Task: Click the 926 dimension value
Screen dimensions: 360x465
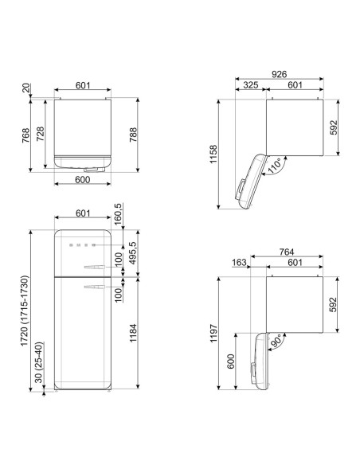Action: click(x=279, y=74)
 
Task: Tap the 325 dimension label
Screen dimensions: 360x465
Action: click(x=251, y=85)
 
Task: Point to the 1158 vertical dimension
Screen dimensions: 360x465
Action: click(x=213, y=154)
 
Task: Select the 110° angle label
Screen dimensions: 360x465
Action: click(x=274, y=166)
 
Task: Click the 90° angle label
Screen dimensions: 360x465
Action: click(x=276, y=342)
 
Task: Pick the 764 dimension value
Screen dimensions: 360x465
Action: click(x=287, y=252)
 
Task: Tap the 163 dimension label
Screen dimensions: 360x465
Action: click(x=239, y=262)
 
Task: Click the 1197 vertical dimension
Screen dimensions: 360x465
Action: click(x=213, y=333)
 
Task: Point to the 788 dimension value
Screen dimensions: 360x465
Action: click(x=133, y=135)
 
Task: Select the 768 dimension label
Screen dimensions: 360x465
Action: click(x=25, y=135)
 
